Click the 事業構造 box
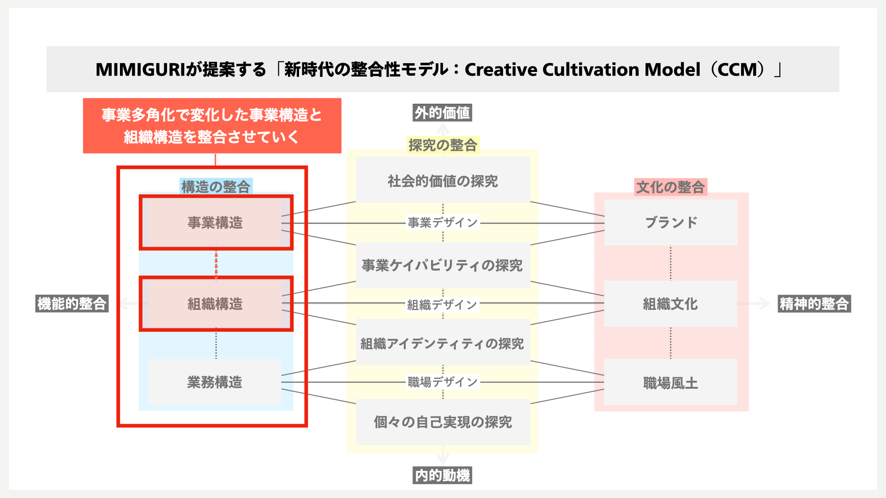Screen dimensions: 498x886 215,223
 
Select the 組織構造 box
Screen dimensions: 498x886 215,304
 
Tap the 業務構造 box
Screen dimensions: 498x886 215,382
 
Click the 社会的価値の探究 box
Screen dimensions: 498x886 443,181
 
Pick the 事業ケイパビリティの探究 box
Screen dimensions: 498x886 443,265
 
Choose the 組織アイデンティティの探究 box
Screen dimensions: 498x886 443,344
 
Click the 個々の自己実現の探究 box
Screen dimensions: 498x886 443,422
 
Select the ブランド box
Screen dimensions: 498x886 670,222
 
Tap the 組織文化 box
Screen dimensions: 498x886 670,304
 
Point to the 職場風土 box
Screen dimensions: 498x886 670,383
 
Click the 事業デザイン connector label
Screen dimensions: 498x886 443,223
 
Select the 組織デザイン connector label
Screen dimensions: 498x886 443,305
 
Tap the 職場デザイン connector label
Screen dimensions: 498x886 443,382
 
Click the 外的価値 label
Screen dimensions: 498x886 442,113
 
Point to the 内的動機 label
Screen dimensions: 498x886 442,475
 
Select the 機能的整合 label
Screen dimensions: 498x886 72,304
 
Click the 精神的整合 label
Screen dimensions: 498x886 814,304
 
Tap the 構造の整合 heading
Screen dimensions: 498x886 216,187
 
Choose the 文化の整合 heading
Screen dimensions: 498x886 670,187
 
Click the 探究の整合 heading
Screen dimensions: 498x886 443,145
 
